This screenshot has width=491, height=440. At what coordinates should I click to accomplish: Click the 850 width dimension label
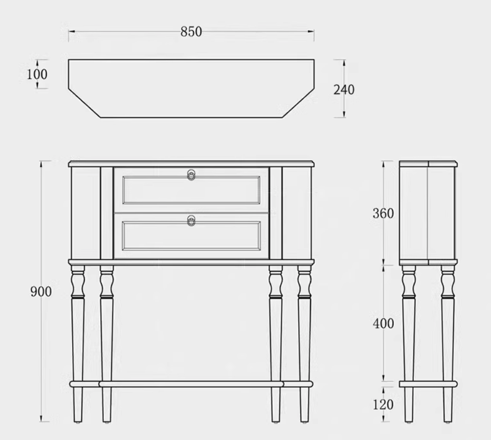click(x=191, y=32)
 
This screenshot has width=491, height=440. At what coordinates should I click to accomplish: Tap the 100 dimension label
click(x=37, y=74)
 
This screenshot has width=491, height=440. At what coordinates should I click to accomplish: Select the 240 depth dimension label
click(x=344, y=90)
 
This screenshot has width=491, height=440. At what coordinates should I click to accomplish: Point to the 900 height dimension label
click(x=41, y=292)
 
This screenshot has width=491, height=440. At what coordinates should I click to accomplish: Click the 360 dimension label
click(x=383, y=213)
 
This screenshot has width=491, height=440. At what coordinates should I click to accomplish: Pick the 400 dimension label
click(x=383, y=323)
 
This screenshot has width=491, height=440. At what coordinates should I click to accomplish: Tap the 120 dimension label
click(x=383, y=405)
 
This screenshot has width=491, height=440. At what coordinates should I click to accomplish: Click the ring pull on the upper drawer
click(x=191, y=175)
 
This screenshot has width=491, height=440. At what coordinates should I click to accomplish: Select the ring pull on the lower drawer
click(x=191, y=221)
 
